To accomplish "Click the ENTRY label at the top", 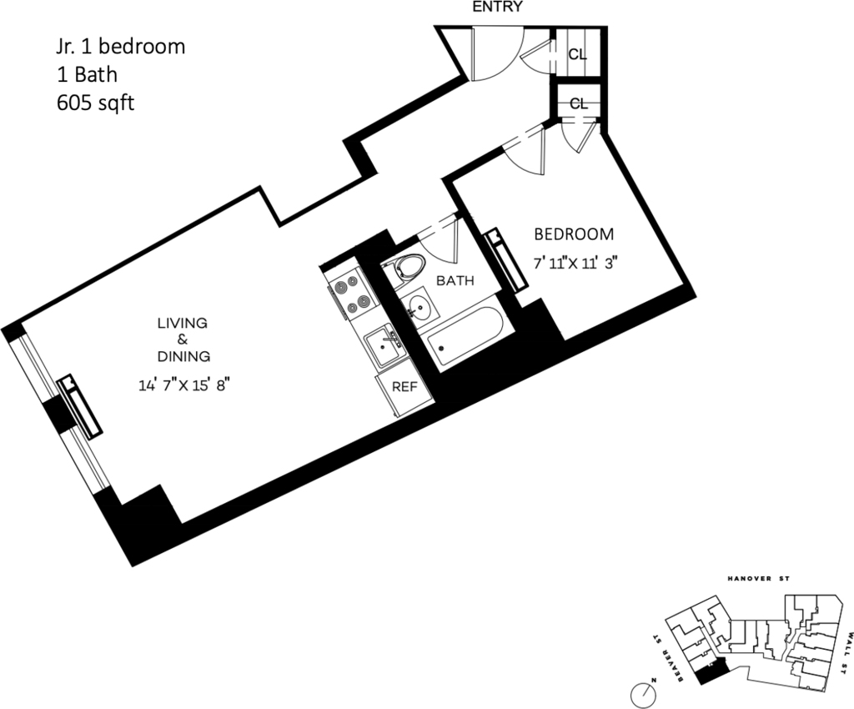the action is click(x=497, y=7).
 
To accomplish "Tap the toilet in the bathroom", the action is click(x=405, y=268).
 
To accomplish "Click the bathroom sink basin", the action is click(x=419, y=307).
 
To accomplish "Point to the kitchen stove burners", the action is click(x=351, y=294).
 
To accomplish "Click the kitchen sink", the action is click(x=385, y=346).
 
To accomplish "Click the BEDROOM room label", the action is click(x=574, y=234).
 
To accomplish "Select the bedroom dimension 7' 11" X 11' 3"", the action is click(x=576, y=264).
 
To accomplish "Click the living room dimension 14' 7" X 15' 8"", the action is click(x=182, y=385).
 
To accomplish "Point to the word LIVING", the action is click(x=183, y=323).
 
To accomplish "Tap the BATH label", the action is click(x=455, y=281).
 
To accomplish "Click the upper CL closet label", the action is click(x=577, y=54).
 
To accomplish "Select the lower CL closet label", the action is click(x=579, y=103).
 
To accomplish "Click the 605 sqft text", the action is click(x=95, y=103).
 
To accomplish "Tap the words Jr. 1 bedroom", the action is click(x=121, y=46).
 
